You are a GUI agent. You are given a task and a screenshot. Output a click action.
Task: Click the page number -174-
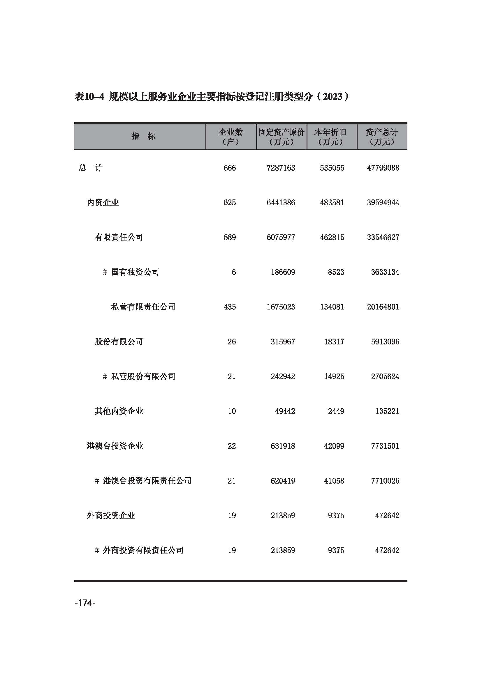pyautogui.click(x=85, y=603)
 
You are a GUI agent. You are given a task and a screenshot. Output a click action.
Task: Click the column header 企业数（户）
pyautogui.click(x=231, y=137)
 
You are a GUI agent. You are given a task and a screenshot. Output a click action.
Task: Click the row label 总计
pyautogui.click(x=91, y=168)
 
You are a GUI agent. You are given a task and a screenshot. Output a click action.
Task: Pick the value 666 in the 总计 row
pyautogui.click(x=230, y=168)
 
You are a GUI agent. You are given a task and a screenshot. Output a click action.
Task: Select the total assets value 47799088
pyautogui.click(x=383, y=168)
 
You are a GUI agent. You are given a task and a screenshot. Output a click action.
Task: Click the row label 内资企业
pyautogui.click(x=103, y=203)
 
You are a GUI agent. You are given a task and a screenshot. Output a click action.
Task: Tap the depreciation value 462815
pyautogui.click(x=332, y=238)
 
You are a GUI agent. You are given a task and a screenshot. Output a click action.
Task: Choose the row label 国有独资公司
pyautogui.click(x=135, y=272)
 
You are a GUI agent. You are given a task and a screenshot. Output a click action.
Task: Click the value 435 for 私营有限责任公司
pyautogui.click(x=230, y=307)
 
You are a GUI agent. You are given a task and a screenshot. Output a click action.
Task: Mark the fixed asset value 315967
pyautogui.click(x=283, y=342)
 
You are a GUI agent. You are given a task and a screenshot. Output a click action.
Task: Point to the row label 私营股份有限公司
pyautogui.click(x=143, y=377)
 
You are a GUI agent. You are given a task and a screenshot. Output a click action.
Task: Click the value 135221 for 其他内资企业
pyautogui.click(x=387, y=411)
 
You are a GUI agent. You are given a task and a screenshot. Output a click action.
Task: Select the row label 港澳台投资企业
pyautogui.click(x=115, y=446)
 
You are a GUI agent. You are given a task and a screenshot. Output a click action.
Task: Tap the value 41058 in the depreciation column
pyautogui.click(x=334, y=481)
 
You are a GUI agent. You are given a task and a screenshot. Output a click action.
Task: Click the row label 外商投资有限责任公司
pyautogui.click(x=143, y=551)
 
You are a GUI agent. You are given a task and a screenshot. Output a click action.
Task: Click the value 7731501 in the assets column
pyautogui.click(x=385, y=446)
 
